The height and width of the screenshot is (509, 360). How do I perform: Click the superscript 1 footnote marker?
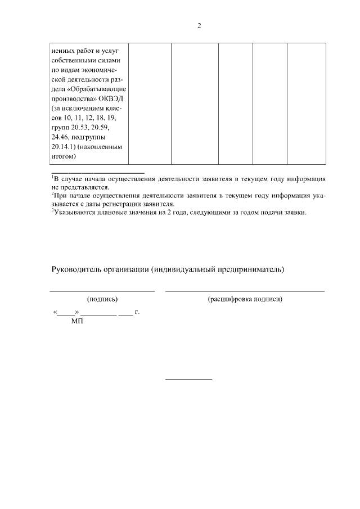[52, 176]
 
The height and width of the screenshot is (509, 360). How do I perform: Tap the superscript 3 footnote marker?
[52, 210]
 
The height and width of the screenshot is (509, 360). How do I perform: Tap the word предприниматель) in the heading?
[250, 269]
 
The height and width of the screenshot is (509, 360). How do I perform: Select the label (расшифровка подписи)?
[245, 299]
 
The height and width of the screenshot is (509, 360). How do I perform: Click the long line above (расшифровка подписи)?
[245, 291]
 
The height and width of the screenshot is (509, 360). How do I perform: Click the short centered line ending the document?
[188, 379]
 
